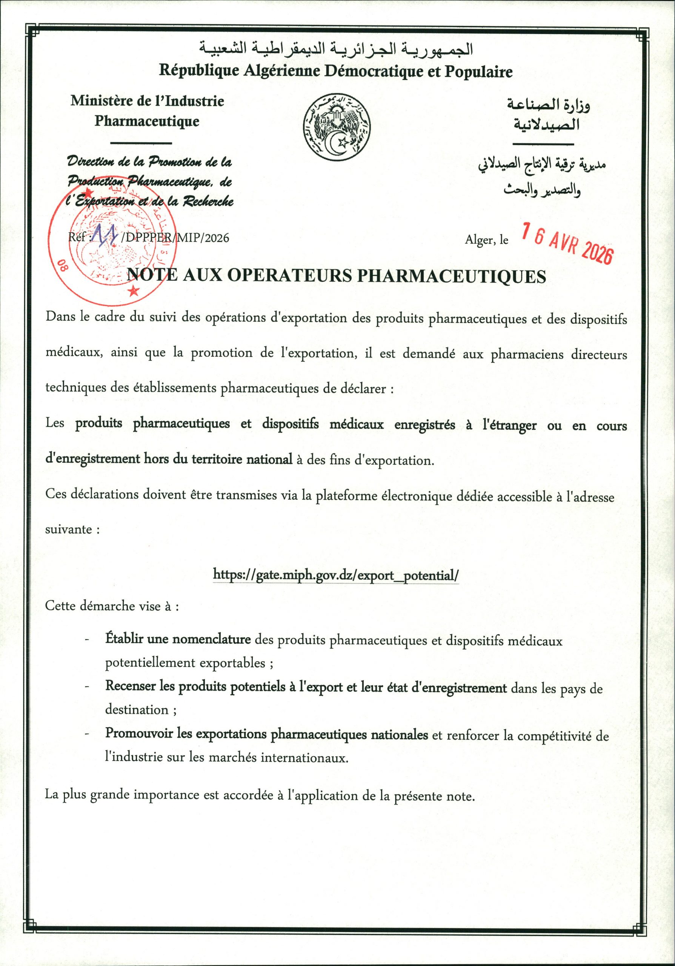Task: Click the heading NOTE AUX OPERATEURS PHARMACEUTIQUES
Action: tap(336, 276)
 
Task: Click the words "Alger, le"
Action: tap(487, 240)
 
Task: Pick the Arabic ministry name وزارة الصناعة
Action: tap(547, 105)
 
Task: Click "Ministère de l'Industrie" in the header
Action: tap(147, 101)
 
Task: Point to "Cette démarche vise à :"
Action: tap(112, 606)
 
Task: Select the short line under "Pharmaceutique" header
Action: tap(143, 143)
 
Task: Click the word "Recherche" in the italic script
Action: tap(207, 202)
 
